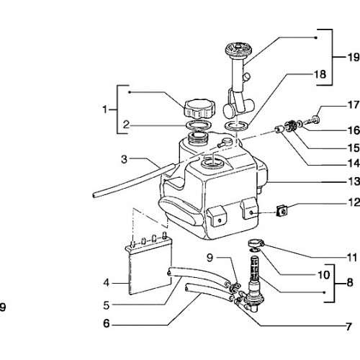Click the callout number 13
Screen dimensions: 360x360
point(354,181)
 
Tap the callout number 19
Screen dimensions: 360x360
point(354,58)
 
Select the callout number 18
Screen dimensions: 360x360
point(320,74)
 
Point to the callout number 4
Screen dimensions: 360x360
point(106,283)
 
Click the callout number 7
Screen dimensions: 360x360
point(348,327)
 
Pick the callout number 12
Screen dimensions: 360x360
point(354,202)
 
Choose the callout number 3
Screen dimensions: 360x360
point(124,159)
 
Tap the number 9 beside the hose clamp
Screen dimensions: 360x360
point(210,258)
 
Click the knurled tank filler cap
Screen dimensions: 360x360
point(200,110)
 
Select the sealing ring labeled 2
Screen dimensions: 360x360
point(199,125)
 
